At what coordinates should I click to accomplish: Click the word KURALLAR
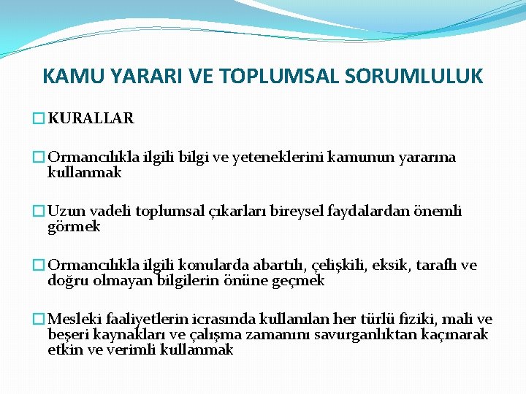coord(91,117)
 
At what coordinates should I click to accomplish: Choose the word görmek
coord(73,227)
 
